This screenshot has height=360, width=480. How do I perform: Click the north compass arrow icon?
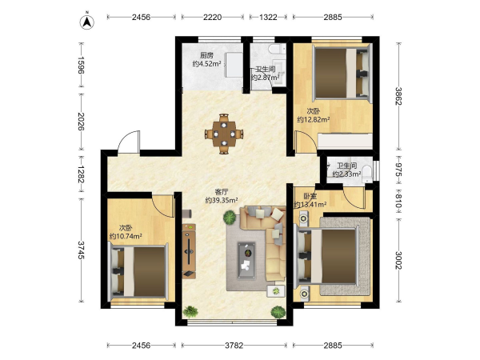(x=87, y=22)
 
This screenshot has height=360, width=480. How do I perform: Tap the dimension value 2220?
(x=213, y=17)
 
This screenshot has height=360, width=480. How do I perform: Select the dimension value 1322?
(x=268, y=17)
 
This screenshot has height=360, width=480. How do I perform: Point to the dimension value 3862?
(x=398, y=96)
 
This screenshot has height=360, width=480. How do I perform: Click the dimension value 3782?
(x=234, y=346)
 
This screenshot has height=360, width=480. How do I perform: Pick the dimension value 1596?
(x=81, y=66)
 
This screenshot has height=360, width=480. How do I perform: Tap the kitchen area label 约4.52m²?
(x=207, y=64)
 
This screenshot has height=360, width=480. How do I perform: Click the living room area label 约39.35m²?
(x=222, y=201)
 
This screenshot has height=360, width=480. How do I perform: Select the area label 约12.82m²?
(x=314, y=120)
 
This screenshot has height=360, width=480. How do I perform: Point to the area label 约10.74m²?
(x=126, y=236)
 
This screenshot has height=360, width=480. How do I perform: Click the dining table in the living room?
(x=224, y=134)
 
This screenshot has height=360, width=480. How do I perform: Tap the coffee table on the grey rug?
(x=246, y=260)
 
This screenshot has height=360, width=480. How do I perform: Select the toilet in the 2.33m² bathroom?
(x=366, y=174)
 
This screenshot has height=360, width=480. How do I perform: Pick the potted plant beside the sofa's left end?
(x=230, y=218)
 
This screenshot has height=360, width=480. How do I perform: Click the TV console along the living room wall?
(x=189, y=251)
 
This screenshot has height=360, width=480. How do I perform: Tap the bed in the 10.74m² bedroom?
(x=138, y=271)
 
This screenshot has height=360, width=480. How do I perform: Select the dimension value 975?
(x=398, y=170)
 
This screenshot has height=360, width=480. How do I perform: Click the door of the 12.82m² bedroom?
(x=303, y=141)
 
